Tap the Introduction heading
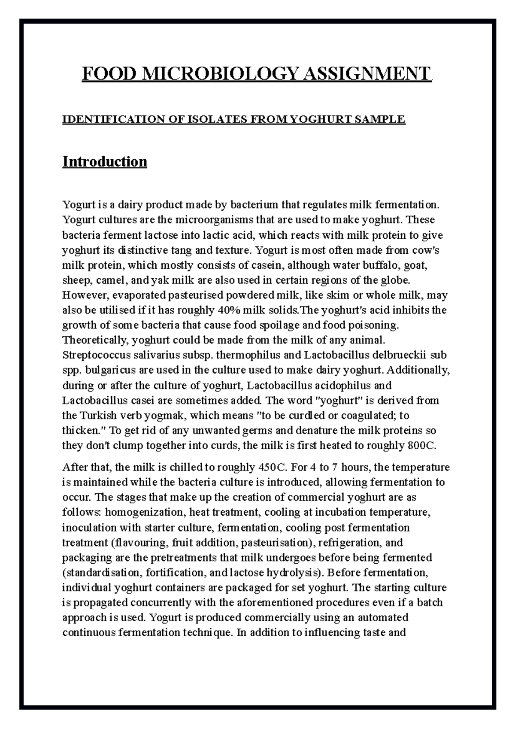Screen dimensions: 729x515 coord(105,162)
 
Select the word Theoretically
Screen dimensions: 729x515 coord(95,340)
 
